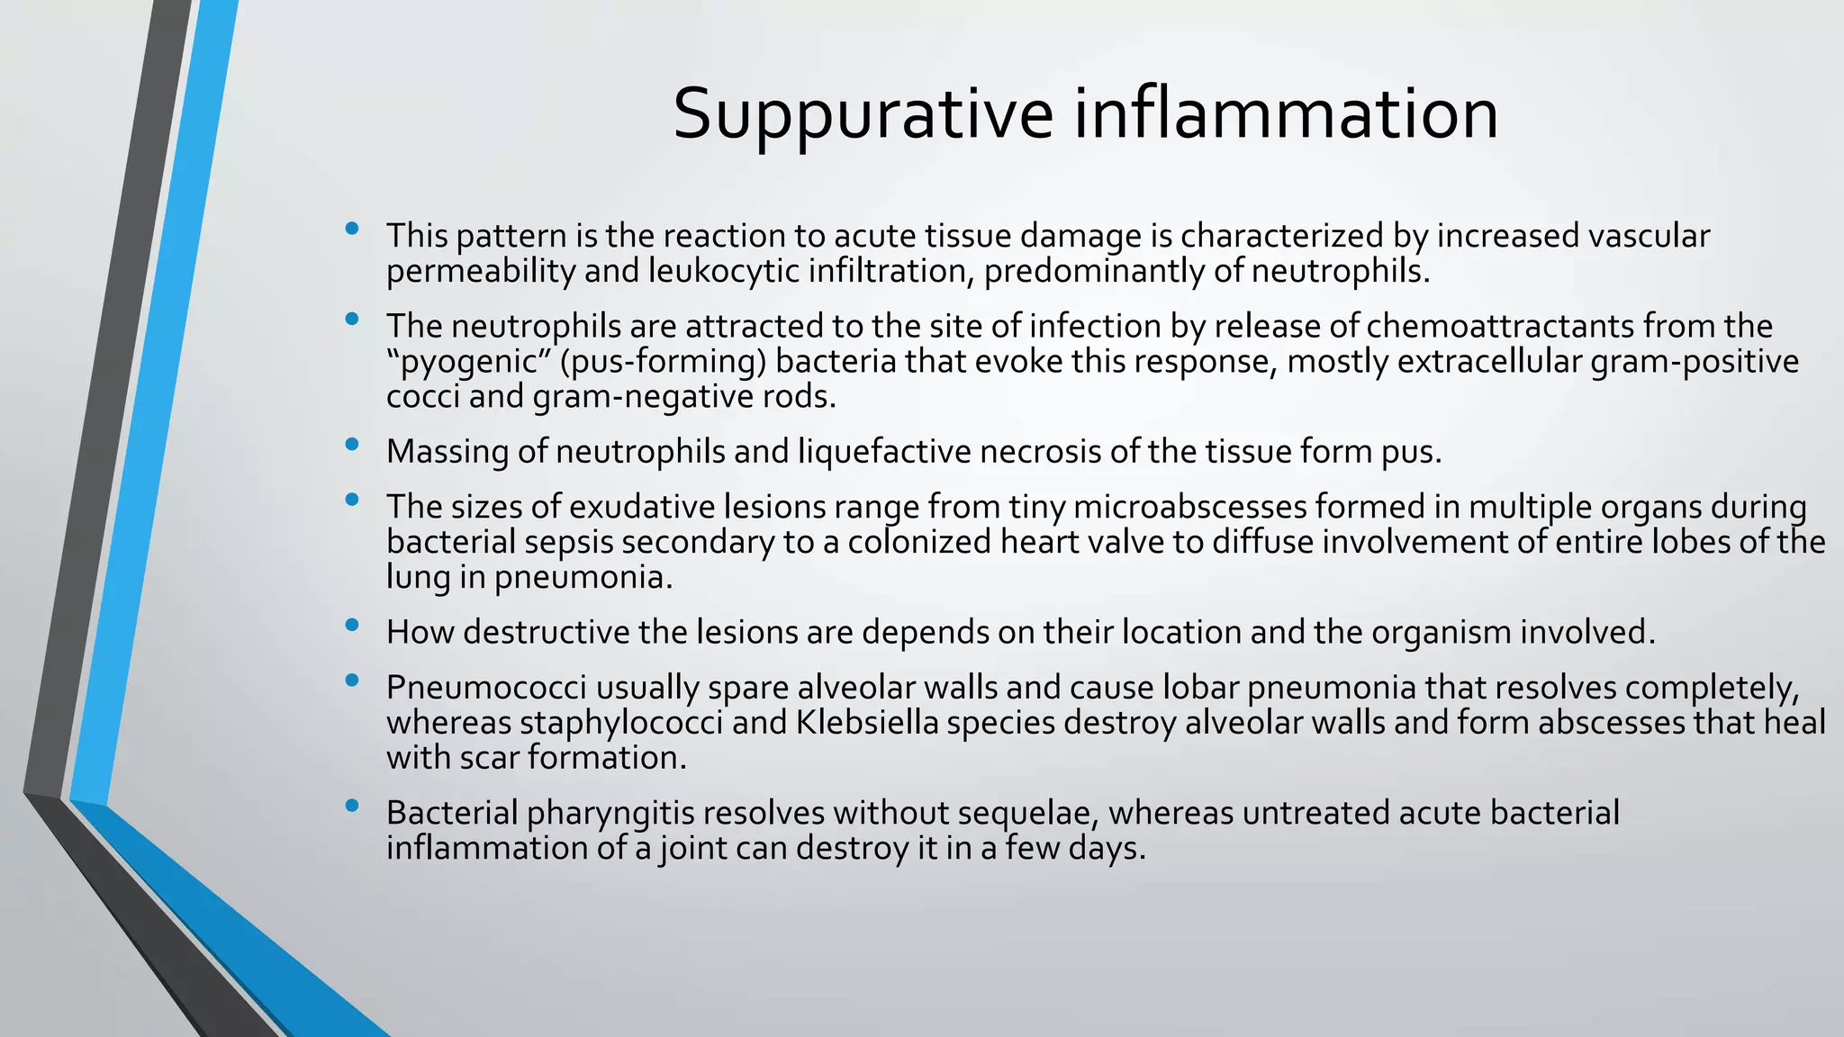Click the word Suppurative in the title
click(x=863, y=114)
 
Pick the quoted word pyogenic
click(x=468, y=362)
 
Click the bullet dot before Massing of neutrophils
click(x=352, y=444)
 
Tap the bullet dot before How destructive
click(x=352, y=625)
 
